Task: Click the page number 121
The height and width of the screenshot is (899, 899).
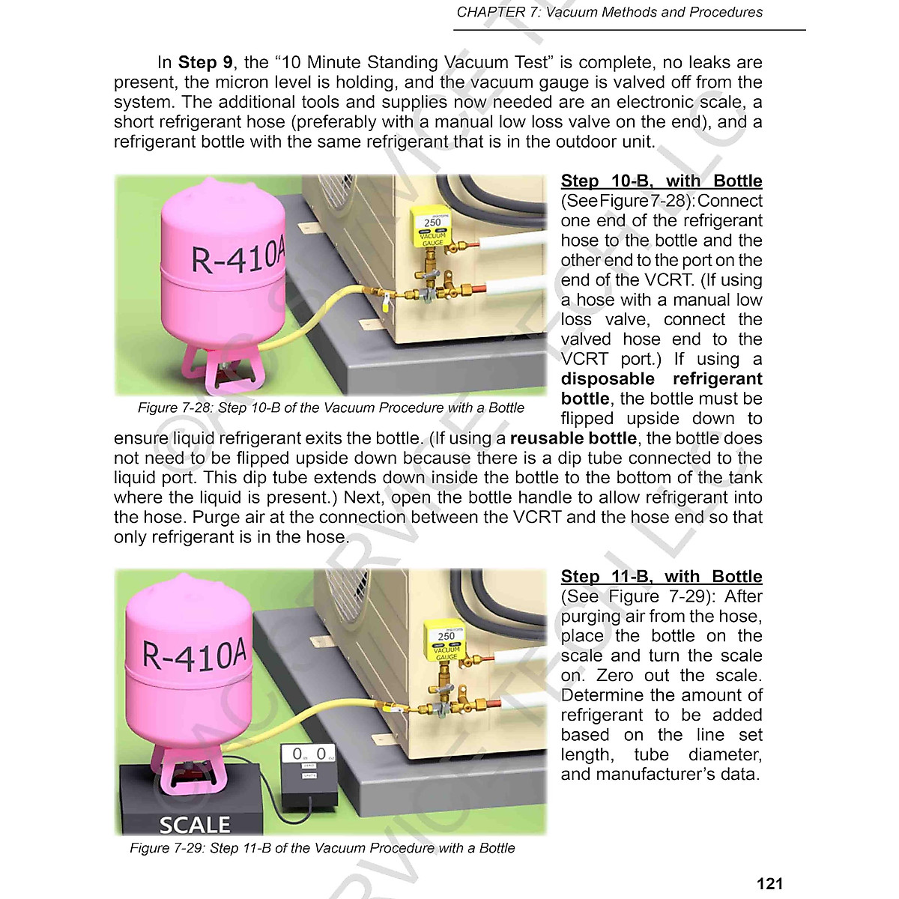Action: pos(769,884)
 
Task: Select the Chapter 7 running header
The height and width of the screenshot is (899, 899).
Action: pos(609,13)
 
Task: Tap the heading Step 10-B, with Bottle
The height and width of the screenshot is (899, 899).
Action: pos(662,181)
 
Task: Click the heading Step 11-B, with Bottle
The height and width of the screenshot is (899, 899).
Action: pos(662,577)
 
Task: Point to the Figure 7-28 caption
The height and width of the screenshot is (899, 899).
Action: pos(330,408)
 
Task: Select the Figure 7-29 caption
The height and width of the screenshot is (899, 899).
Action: pos(322,848)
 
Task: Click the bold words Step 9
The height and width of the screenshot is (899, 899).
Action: pos(205,63)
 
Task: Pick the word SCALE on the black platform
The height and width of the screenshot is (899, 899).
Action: pos(194,825)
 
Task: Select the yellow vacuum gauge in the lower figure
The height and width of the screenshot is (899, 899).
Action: pos(447,642)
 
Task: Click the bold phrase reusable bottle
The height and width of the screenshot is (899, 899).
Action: pos(573,439)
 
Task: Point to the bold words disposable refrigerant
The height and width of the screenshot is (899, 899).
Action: pos(662,379)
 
